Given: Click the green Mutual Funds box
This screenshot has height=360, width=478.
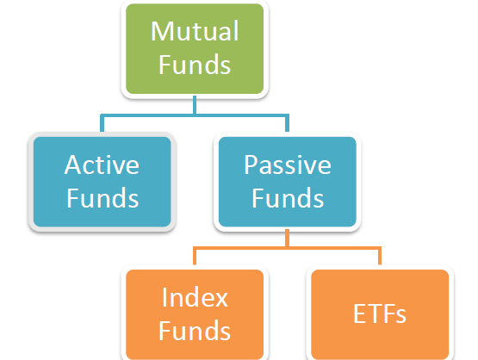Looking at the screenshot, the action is click(195, 48).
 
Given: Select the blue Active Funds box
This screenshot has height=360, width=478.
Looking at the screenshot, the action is click(102, 182).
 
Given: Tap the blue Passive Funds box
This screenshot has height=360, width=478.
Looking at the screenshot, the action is click(287, 182).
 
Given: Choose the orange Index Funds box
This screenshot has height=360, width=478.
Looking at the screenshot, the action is click(195, 314).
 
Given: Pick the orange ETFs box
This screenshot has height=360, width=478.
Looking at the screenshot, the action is click(380, 314).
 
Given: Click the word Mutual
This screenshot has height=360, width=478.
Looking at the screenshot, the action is click(195, 31).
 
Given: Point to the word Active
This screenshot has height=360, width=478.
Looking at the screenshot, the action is click(102, 164).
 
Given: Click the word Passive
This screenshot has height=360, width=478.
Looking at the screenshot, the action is click(287, 164).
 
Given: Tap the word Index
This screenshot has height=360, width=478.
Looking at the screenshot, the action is click(195, 297).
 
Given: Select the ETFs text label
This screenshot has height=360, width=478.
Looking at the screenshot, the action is click(380, 313).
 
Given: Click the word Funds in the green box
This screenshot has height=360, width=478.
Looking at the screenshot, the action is click(195, 65).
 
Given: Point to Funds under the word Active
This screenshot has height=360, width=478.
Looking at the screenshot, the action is click(102, 198).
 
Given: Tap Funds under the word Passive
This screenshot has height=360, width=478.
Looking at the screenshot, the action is click(288, 198).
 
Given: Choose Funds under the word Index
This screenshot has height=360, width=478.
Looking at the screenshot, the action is click(195, 331).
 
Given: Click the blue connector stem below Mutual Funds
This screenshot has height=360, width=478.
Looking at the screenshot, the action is click(195, 105).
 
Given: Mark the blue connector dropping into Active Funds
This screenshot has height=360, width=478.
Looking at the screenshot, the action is click(102, 123).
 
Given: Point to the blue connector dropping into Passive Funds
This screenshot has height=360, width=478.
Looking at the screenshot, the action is click(287, 123).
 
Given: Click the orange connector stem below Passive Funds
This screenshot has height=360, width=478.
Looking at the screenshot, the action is click(287, 238).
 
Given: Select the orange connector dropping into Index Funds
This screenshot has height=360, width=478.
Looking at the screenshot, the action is click(195, 256).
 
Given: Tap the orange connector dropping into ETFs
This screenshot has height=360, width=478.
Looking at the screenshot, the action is click(380, 256).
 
